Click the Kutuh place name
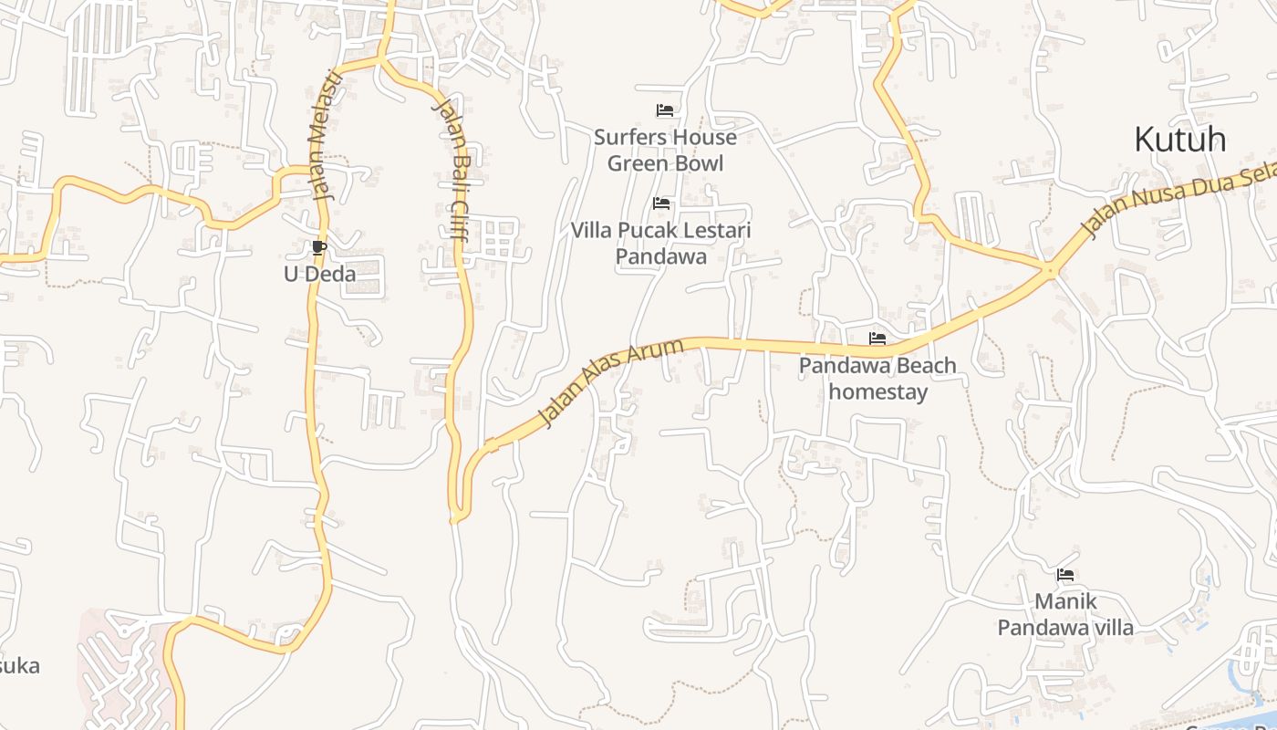tap(1179, 140)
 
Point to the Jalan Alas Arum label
tap(610, 381)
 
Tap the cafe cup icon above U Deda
tap(318, 247)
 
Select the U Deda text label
tap(319, 274)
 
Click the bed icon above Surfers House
tap(665, 110)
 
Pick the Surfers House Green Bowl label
tap(665, 151)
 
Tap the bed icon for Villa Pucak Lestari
tap(661, 203)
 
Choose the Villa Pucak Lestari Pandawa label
tap(661, 243)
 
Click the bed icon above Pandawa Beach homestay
tap(877, 339)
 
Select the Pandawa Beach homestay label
tap(877, 379)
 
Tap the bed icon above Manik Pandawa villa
tap(1064, 575)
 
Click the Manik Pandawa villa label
tap(1065, 614)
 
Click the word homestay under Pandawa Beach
tap(877, 392)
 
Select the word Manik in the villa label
tap(1065, 601)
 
